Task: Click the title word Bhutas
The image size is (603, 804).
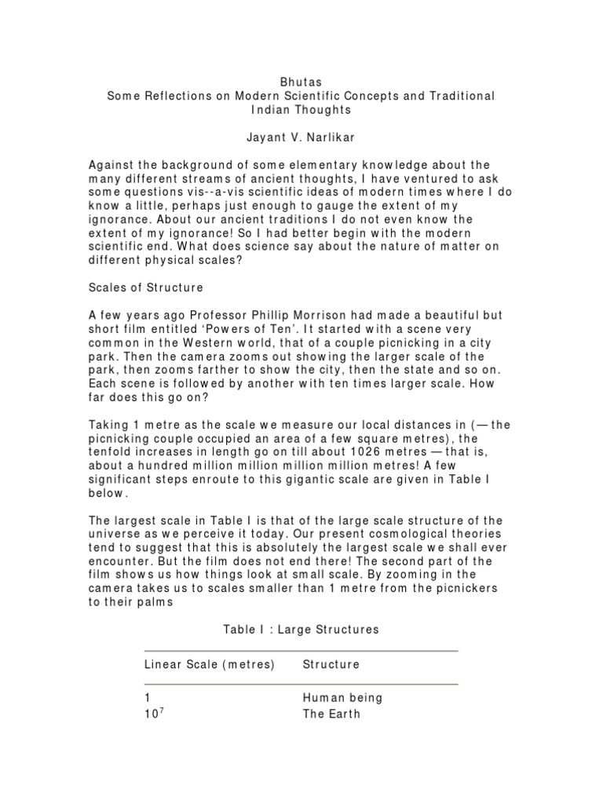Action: pyautogui.click(x=301, y=81)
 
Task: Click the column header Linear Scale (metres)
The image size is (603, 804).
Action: pyautogui.click(x=209, y=664)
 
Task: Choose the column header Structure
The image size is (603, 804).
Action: pyautogui.click(x=331, y=664)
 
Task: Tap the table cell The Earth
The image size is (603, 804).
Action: pyautogui.click(x=331, y=714)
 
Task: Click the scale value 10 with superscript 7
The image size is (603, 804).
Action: pyautogui.click(x=153, y=714)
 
